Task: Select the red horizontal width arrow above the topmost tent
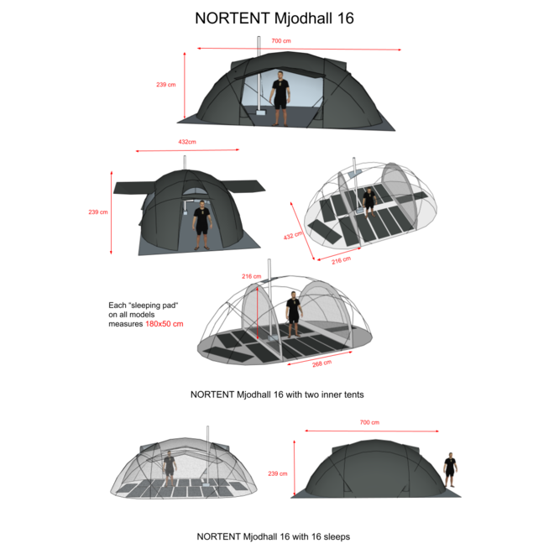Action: (299, 49)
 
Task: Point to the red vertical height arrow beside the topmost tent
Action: (184, 85)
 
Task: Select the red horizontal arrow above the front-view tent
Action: (188, 151)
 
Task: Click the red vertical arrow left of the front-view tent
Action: (111, 212)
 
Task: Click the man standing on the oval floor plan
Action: (368, 201)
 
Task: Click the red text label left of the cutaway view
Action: (164, 323)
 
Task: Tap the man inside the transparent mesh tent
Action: (170, 468)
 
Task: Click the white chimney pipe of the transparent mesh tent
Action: (206, 453)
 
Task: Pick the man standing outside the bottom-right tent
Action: (450, 468)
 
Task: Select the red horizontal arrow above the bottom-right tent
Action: (371, 431)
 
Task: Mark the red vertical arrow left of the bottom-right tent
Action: (294, 467)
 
